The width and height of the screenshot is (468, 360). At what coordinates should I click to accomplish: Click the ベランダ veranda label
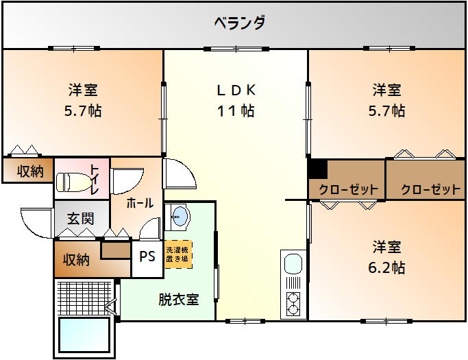240,23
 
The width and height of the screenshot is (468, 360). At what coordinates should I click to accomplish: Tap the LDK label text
236,90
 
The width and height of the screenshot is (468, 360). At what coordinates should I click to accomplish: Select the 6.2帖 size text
386,267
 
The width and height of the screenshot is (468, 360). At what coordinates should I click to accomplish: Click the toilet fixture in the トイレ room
73,182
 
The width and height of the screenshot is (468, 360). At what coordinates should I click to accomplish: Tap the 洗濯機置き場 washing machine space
178,254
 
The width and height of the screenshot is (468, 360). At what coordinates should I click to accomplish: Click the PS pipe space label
147,256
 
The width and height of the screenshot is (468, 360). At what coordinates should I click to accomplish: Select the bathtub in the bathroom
84,335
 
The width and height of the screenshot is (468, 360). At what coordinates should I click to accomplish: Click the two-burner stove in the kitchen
293,304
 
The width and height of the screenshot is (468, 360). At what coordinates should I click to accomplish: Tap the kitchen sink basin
293,263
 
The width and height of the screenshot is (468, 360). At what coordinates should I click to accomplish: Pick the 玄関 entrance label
81,218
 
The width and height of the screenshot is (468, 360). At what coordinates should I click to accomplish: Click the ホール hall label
140,203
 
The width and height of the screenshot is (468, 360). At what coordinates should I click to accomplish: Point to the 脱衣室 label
178,300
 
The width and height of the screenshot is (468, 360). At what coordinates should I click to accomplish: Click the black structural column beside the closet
318,169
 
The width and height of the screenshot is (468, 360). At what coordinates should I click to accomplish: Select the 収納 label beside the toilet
30,171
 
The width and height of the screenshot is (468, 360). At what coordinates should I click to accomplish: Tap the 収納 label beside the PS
77,259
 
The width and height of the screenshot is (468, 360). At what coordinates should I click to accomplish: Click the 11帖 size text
236,110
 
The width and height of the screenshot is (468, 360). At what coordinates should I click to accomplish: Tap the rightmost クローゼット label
431,190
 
